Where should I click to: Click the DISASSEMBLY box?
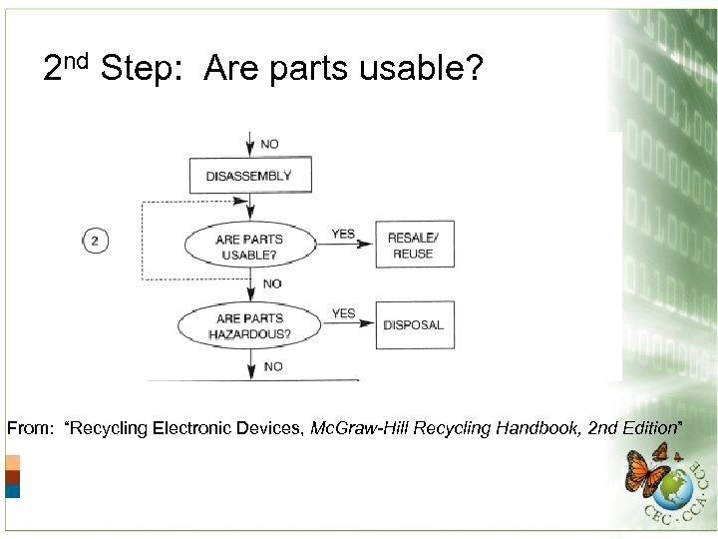click(x=249, y=177)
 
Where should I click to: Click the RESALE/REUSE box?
click(x=414, y=246)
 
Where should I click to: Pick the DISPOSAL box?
click(x=414, y=325)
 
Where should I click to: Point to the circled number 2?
click(x=95, y=241)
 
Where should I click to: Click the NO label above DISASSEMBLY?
click(x=270, y=145)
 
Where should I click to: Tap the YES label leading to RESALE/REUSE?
click(x=343, y=235)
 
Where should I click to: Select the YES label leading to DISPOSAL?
click(x=343, y=313)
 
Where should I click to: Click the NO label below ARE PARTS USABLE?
click(x=272, y=284)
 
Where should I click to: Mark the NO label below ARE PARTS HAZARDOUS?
click(x=272, y=367)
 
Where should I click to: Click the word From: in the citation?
click(x=30, y=429)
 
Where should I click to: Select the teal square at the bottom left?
click(x=12, y=490)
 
